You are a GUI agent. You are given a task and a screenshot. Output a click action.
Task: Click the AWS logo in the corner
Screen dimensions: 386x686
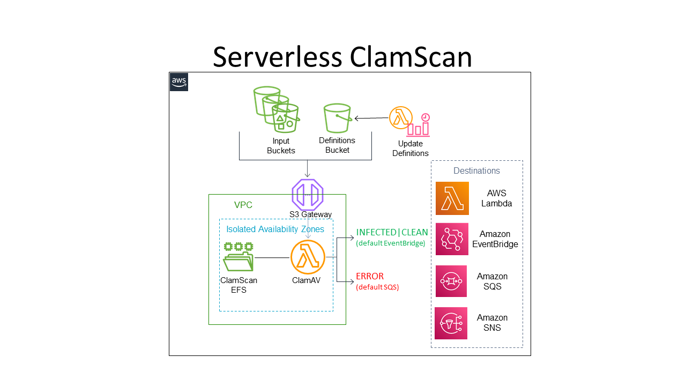pos(179,82)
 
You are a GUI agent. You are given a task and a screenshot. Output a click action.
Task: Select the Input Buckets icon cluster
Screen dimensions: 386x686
pos(275,109)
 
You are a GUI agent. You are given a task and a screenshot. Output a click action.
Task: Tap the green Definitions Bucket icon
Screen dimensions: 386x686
pos(338,118)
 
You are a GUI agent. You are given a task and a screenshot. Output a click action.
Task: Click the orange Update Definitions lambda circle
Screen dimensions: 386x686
pos(400,117)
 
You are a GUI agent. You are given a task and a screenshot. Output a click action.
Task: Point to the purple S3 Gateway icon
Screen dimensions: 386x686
pos(308,195)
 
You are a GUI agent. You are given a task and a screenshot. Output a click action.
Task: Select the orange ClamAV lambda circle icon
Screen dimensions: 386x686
pos(308,257)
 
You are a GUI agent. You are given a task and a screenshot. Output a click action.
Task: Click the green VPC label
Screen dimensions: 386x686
pos(243,205)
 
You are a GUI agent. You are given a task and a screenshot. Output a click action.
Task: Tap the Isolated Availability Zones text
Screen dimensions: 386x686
pos(275,229)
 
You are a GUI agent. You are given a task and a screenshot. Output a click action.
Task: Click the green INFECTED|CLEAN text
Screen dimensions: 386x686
pos(392,233)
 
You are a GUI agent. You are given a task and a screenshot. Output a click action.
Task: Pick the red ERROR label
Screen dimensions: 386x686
pos(370,277)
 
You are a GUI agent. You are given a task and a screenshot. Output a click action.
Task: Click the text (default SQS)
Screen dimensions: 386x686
pos(377,287)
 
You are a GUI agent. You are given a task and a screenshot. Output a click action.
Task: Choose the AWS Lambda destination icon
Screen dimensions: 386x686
pos(452,198)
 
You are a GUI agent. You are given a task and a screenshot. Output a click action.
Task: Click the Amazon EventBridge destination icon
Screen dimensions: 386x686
pos(452,239)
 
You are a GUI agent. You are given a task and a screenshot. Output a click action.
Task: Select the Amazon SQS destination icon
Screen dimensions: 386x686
pos(451,281)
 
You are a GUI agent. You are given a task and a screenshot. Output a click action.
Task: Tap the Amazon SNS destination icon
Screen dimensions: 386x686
pos(451,323)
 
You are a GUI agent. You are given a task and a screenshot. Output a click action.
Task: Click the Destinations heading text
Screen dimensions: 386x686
pos(476,171)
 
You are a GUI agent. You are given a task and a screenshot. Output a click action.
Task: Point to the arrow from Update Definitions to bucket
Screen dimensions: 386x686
pos(371,118)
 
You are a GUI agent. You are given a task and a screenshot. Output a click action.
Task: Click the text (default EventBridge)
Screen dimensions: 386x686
pos(390,243)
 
